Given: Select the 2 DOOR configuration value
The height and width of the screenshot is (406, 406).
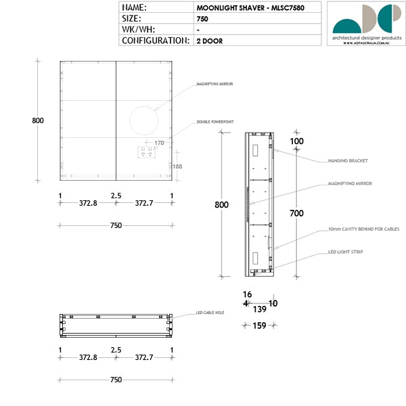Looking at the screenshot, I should click(x=209, y=41).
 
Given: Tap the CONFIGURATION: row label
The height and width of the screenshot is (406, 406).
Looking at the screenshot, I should click(x=155, y=41).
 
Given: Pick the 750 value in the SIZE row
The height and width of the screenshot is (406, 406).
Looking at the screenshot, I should click(x=202, y=19).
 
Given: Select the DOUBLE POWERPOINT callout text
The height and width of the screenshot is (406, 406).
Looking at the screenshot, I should click(x=215, y=122).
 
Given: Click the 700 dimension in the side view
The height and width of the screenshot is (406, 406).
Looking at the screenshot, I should click(x=296, y=213).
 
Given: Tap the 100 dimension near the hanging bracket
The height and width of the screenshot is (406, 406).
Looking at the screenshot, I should click(x=296, y=141).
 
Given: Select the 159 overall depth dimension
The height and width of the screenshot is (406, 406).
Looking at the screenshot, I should click(x=259, y=325).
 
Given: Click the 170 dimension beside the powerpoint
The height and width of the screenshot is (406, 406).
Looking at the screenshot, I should click(x=160, y=143).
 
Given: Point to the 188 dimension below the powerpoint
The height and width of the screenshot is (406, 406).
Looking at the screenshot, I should click(x=177, y=166).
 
